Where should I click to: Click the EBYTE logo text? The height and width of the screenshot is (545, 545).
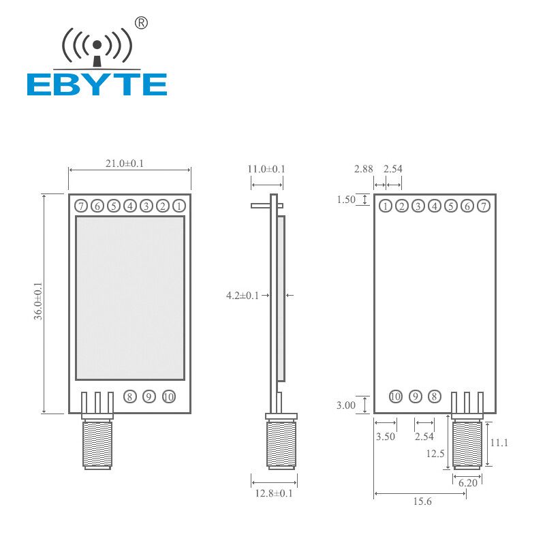[97, 84]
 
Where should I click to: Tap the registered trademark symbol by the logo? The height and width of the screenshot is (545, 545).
[142, 22]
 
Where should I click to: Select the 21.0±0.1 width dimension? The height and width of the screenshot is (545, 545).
[129, 163]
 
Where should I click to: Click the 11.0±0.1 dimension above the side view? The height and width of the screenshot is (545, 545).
[266, 169]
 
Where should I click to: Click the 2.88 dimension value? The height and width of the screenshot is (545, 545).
[363, 169]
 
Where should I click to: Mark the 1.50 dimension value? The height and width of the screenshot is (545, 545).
[346, 200]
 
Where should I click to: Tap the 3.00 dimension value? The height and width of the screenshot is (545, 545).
[346, 405]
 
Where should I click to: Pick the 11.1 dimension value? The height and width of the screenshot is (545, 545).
[499, 442]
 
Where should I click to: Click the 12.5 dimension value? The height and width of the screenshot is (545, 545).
[435, 453]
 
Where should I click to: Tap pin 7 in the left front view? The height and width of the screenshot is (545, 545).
[80, 206]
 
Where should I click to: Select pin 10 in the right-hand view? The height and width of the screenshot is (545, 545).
[396, 396]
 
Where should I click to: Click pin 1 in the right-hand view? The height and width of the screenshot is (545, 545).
[386, 206]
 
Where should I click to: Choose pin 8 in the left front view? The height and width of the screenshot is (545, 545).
[129, 396]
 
